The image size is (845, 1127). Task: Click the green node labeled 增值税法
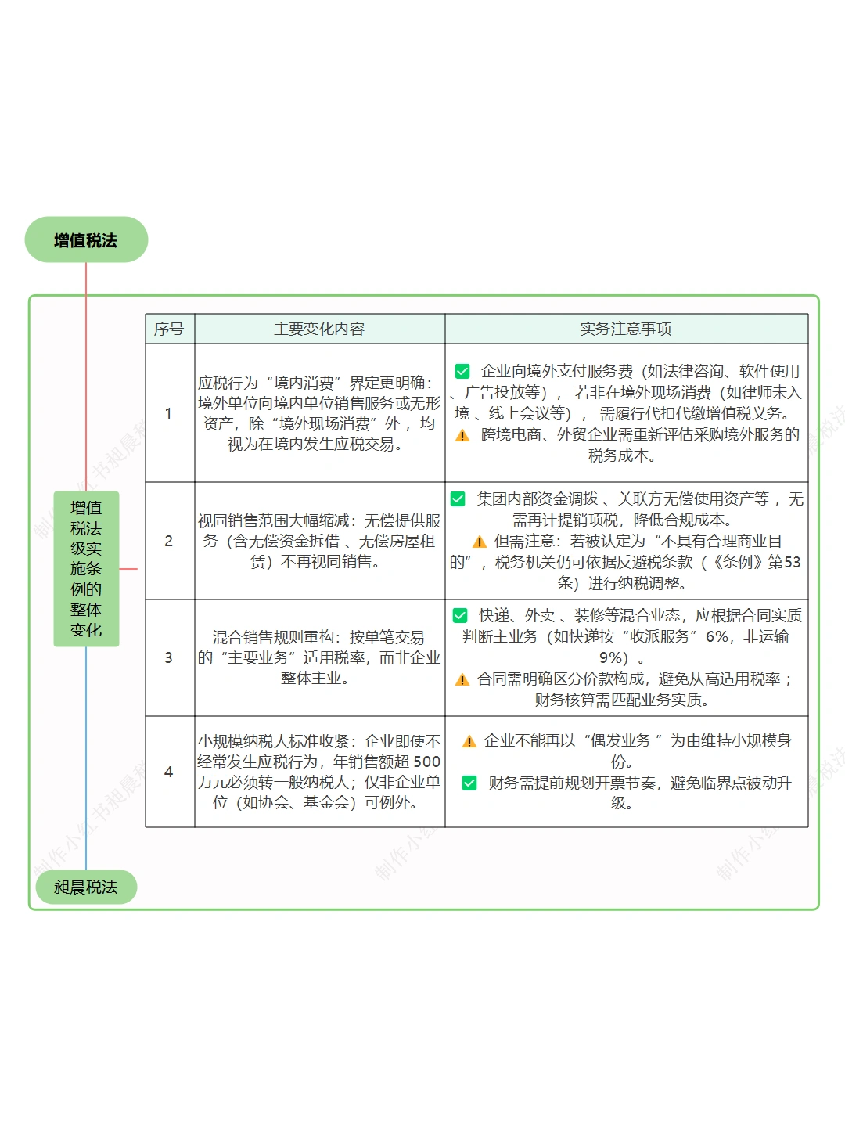(x=86, y=240)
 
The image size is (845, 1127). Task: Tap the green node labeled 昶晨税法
(x=86, y=887)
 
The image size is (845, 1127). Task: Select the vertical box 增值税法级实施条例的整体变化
(x=86, y=569)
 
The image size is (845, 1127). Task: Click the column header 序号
(x=169, y=329)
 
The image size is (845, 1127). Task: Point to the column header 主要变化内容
(x=319, y=329)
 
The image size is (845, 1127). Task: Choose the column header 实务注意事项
(x=626, y=329)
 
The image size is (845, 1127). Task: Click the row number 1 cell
(x=168, y=413)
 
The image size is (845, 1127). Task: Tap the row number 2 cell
(x=168, y=541)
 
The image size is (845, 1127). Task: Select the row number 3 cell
(x=168, y=657)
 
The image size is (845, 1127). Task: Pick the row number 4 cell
(x=168, y=772)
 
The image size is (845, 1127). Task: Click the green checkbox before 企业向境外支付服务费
(x=462, y=371)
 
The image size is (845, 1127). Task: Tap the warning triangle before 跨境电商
(x=462, y=435)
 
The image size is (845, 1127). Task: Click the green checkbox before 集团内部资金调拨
(x=458, y=499)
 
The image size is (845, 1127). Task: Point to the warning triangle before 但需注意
(x=480, y=542)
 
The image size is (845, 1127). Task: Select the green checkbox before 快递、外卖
(x=460, y=615)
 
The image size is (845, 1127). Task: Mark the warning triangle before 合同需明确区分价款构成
(x=462, y=679)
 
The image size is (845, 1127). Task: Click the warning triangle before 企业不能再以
(x=469, y=741)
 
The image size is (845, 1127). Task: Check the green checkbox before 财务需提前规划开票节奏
(x=469, y=783)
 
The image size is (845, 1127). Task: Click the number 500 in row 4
(x=426, y=762)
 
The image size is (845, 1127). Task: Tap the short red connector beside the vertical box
(x=128, y=569)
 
